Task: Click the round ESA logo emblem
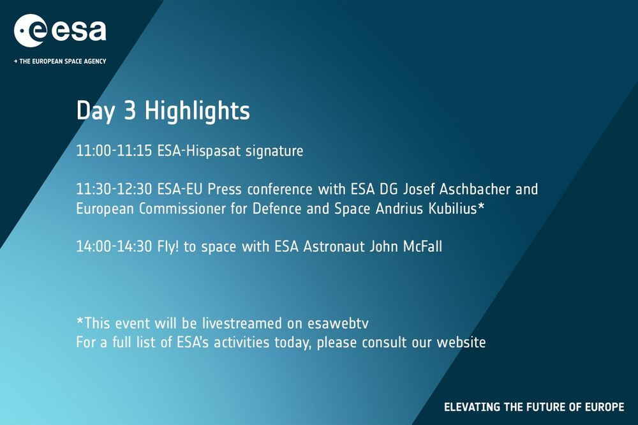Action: (31, 31)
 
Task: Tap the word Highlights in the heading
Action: (197, 111)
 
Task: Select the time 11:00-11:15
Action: (114, 151)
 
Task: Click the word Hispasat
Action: (214, 151)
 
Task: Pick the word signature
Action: (274, 151)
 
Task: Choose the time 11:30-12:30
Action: (114, 189)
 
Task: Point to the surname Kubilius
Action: (452, 209)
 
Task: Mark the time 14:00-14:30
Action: (114, 246)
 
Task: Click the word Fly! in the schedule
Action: (168, 247)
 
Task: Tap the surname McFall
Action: (422, 246)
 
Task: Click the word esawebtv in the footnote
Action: (338, 324)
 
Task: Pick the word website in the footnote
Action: (461, 342)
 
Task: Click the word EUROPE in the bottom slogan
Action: (604, 406)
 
